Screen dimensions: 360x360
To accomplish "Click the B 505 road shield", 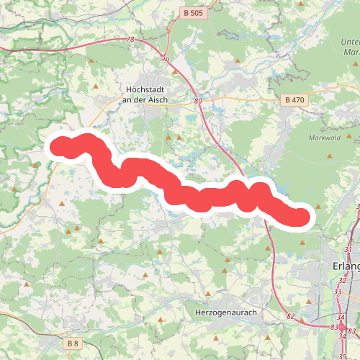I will [x=193, y=12].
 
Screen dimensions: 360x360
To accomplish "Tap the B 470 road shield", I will [x=295, y=99].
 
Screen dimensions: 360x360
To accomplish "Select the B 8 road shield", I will [x=73, y=343].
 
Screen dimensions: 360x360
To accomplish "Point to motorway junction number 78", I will [x=130, y=40].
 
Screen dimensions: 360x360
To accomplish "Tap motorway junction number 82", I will [x=291, y=316].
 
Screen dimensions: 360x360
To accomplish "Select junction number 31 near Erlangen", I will [x=349, y=249].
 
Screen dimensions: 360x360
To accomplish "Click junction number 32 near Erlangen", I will [x=343, y=279].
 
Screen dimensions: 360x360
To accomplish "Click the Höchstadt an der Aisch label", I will [x=141, y=94].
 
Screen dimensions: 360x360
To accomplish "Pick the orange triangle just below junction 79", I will [x=174, y=72].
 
